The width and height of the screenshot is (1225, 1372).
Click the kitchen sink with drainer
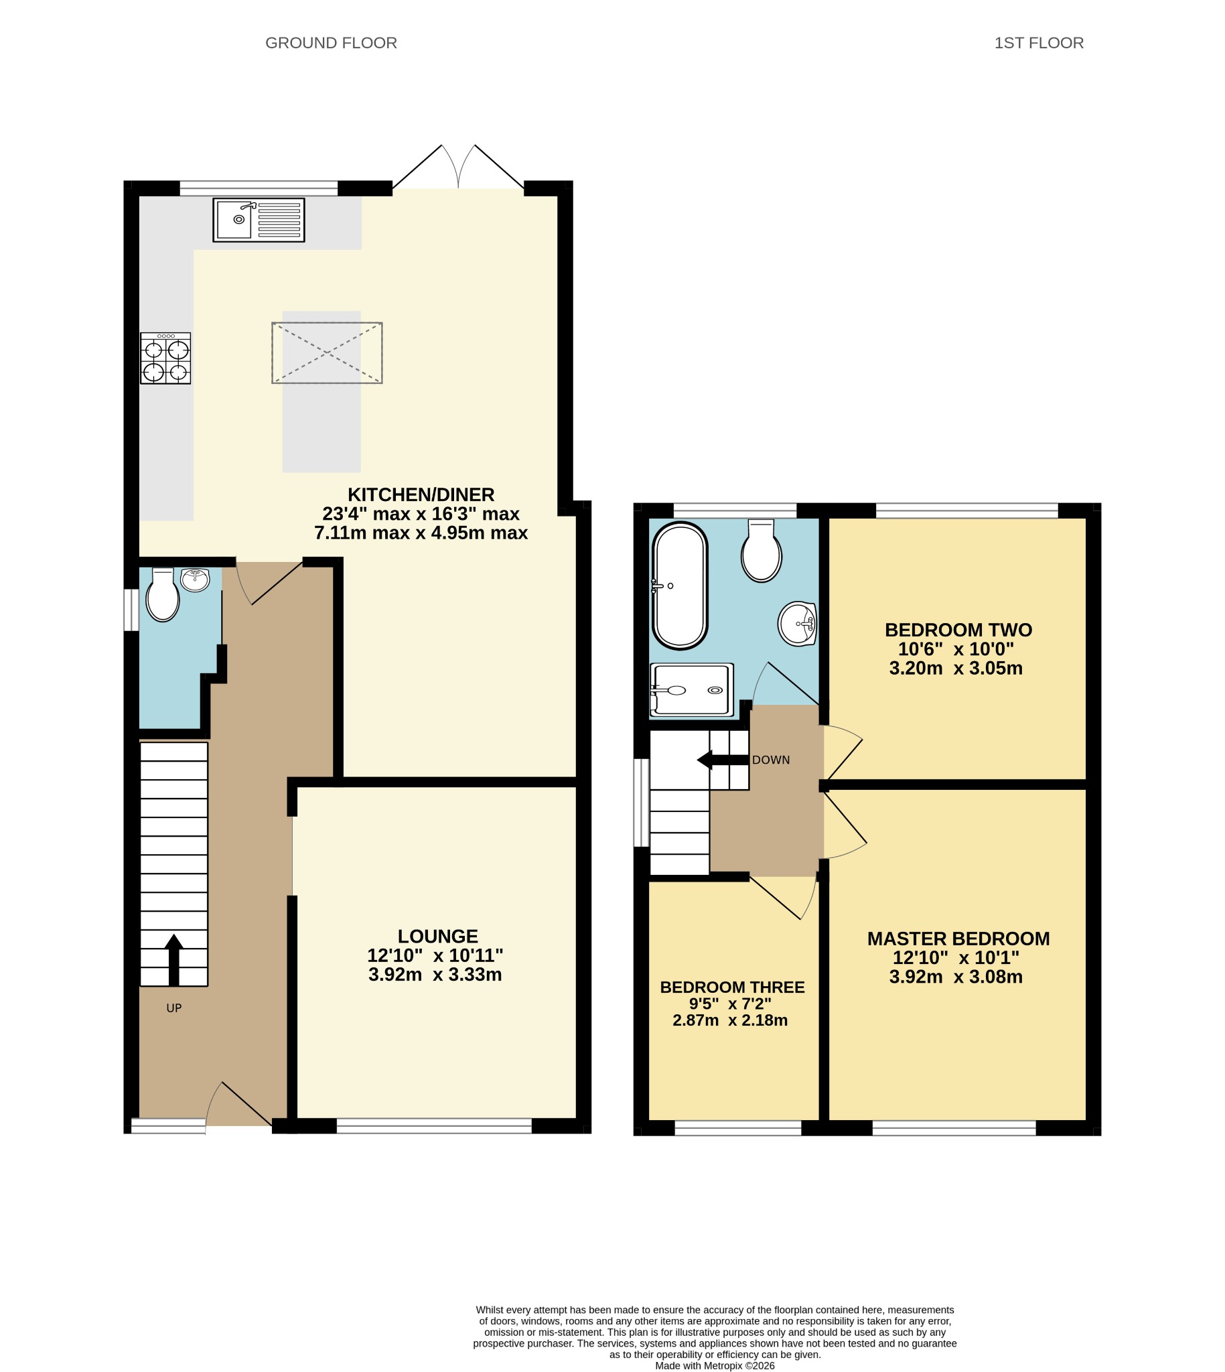click(x=259, y=220)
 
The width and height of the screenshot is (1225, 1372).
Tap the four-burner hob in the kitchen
click(x=165, y=358)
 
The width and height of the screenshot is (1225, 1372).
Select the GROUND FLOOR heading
click(x=331, y=43)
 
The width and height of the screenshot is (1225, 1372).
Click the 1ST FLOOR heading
click(x=1039, y=43)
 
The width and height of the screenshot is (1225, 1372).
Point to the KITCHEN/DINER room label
click(x=421, y=495)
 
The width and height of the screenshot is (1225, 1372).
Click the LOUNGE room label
click(x=437, y=937)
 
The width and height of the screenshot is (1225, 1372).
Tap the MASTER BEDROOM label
click(x=958, y=939)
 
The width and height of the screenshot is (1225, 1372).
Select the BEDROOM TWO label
click(x=958, y=630)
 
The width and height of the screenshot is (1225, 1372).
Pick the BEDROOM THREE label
click(x=732, y=987)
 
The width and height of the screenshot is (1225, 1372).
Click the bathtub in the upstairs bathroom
click(x=680, y=586)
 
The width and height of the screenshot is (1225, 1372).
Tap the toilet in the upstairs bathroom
click(x=762, y=550)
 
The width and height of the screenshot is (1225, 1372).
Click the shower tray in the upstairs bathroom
click(x=692, y=690)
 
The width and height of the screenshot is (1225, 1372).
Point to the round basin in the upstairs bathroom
click(x=798, y=624)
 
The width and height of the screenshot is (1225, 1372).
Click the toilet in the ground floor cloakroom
click(x=163, y=595)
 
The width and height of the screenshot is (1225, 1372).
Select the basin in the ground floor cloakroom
click(x=195, y=579)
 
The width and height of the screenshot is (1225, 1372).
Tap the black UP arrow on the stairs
click(x=173, y=961)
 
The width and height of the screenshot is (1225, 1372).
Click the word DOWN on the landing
click(x=771, y=760)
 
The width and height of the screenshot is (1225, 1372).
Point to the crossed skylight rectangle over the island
click(x=327, y=353)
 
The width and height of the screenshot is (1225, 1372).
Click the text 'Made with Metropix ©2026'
click(x=715, y=1366)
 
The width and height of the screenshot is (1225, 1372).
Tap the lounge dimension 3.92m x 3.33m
click(x=435, y=975)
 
